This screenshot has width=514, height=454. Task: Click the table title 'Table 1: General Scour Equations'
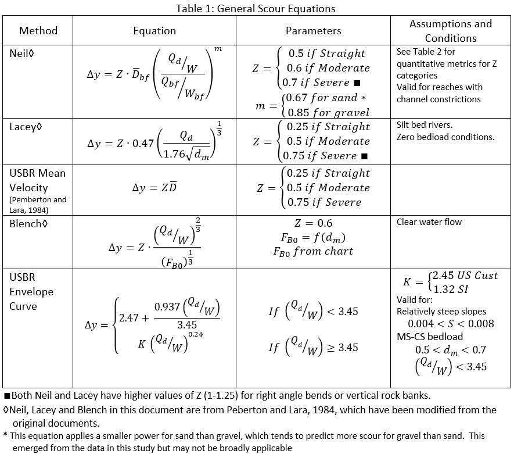coord(256,8)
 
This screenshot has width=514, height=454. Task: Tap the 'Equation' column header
coord(154,31)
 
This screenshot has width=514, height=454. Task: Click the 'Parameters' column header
coord(314,31)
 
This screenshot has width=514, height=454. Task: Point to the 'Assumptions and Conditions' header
coord(451,31)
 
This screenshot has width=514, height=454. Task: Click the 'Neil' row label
coord(21,52)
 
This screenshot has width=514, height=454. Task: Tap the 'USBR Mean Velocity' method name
coord(37,180)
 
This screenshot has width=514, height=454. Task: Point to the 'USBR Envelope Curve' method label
coord(31,291)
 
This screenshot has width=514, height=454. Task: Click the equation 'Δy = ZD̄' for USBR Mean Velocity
coord(154,188)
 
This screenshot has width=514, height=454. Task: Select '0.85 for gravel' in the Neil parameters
coord(328,112)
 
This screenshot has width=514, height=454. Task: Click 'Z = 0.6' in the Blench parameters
coord(314,223)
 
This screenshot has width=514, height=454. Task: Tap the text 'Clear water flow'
coord(429,222)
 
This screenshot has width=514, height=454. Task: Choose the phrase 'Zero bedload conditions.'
coord(445,137)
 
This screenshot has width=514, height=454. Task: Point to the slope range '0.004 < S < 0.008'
coord(451,324)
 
